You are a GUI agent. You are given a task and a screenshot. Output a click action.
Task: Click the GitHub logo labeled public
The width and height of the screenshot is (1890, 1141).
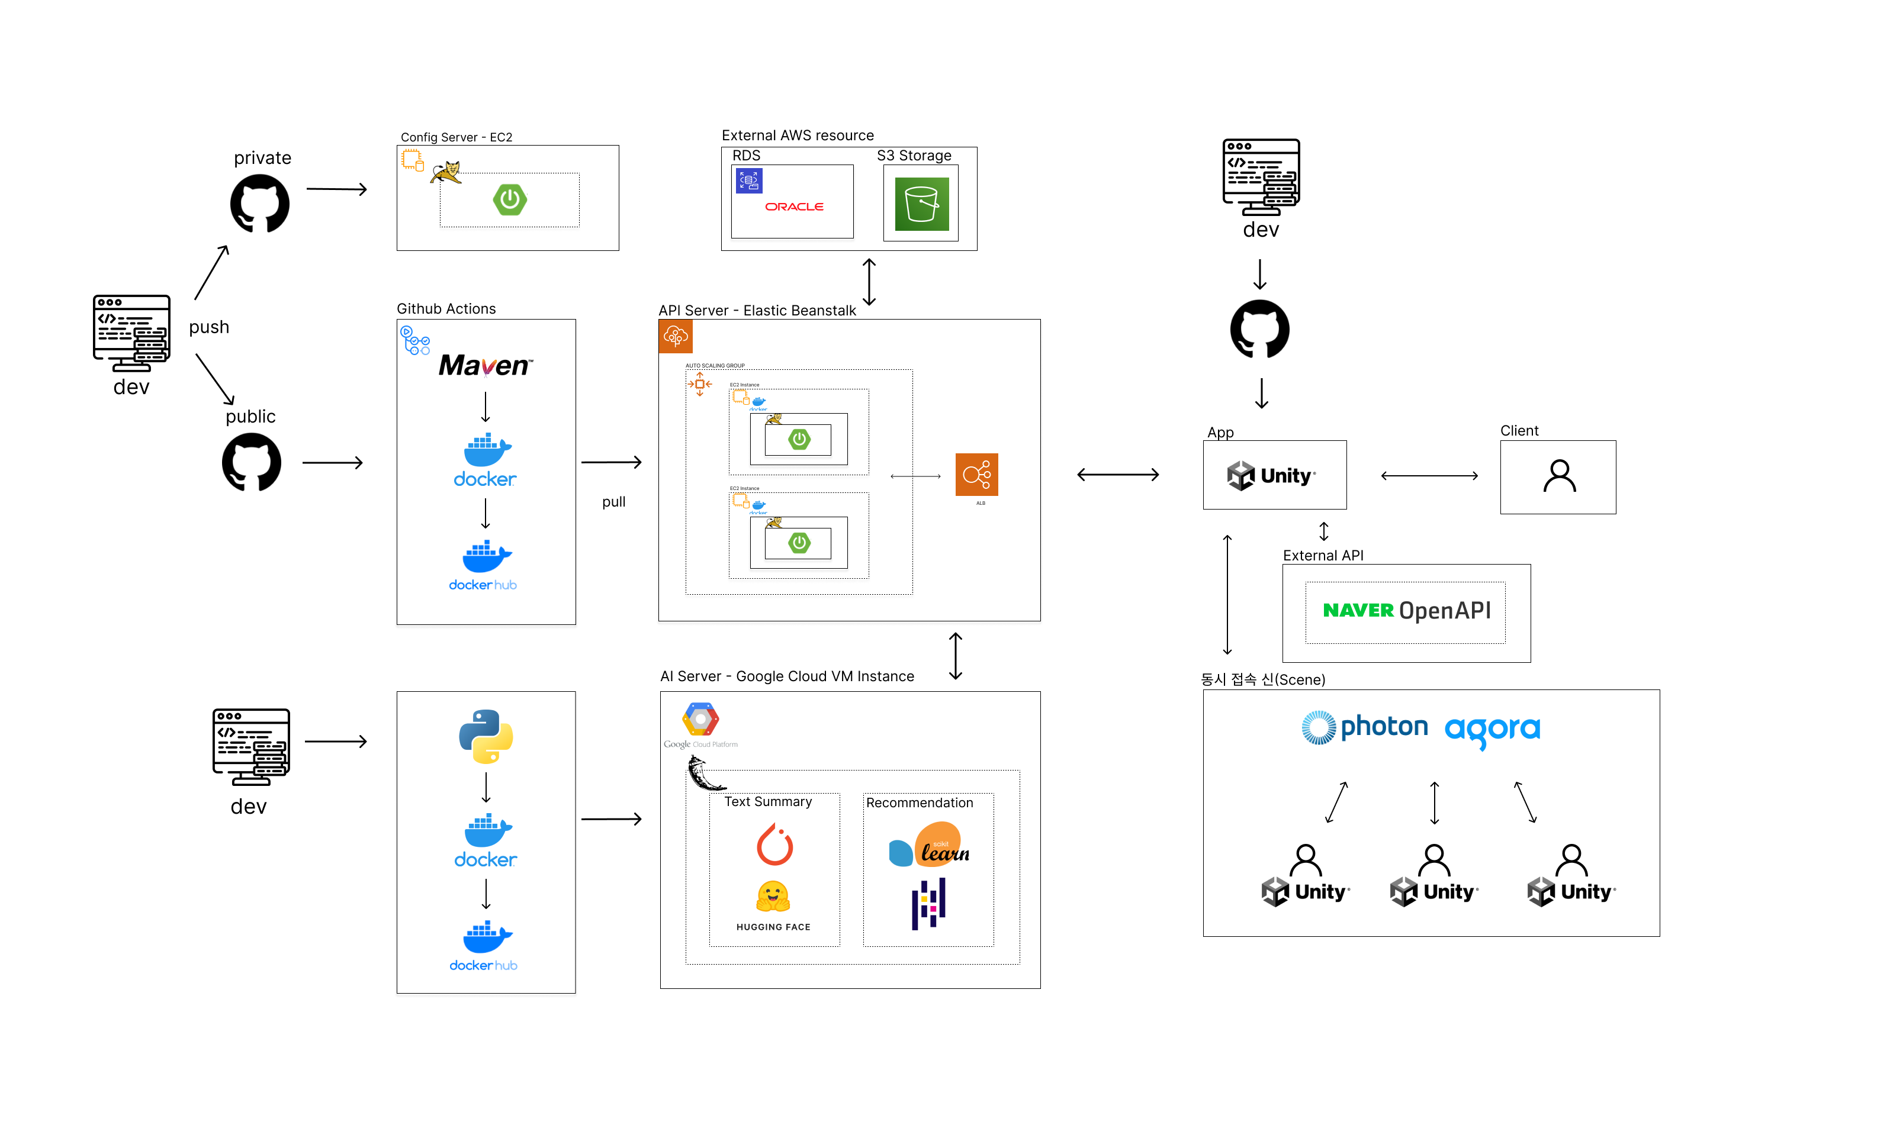[x=251, y=462]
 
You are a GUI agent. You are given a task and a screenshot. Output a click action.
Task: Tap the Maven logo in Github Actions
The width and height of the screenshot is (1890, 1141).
[x=485, y=365]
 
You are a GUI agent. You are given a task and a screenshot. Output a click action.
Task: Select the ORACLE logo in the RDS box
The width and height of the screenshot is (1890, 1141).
[x=794, y=207]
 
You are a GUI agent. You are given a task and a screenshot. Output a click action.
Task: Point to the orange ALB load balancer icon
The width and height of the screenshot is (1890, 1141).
[x=976, y=475]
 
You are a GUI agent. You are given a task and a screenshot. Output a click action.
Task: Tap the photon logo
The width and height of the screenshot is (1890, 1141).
[x=1365, y=726]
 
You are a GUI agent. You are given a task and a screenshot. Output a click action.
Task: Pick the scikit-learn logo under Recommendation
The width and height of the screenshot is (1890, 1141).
[x=929, y=845]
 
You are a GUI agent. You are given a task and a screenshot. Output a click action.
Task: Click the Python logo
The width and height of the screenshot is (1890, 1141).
[x=486, y=736]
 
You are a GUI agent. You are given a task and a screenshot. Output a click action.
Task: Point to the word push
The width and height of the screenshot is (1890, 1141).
[x=208, y=327]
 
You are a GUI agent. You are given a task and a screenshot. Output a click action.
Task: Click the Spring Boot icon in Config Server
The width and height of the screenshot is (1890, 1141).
[x=509, y=199]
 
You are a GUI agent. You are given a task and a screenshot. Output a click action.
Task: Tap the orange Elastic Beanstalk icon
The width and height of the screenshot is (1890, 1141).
[x=675, y=336]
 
